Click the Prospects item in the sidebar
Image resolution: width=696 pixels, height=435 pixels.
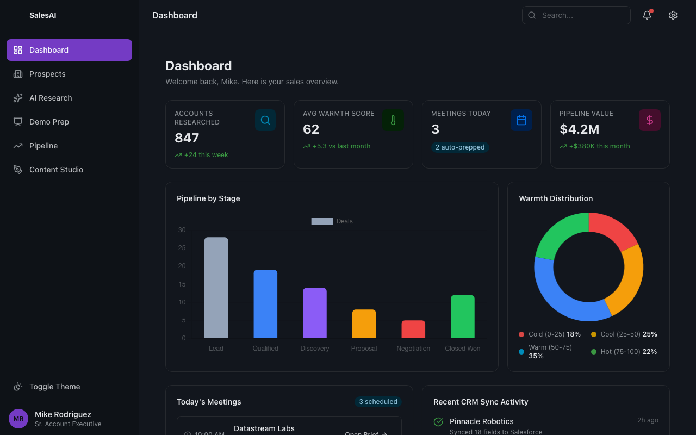pos(47,74)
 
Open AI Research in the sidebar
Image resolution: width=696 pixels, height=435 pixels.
pos(51,98)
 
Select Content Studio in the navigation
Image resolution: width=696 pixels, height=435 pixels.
pos(56,170)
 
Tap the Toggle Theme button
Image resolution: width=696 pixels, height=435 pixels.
pos(54,387)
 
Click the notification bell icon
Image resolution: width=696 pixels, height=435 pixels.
pos(647,15)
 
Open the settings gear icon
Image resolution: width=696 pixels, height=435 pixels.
pos(673,15)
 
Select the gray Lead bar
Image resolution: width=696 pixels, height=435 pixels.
pos(216,288)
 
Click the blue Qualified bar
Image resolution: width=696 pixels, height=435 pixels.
pos(265,304)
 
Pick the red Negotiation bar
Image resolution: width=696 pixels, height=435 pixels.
pos(413,330)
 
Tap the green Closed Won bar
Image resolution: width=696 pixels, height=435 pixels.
pos(463,316)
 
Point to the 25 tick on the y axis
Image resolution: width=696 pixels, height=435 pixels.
pos(182,248)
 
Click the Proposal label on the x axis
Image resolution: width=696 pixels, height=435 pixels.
pos(364,349)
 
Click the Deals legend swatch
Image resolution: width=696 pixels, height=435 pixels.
pos(322,221)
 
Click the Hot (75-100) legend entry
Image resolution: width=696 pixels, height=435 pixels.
pos(624,352)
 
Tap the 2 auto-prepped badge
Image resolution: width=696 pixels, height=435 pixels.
pos(460,147)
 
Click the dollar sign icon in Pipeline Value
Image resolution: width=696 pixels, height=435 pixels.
pos(649,120)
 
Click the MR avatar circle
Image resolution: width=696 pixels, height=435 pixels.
pos(18,419)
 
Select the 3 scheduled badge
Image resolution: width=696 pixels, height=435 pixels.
pos(378,402)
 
